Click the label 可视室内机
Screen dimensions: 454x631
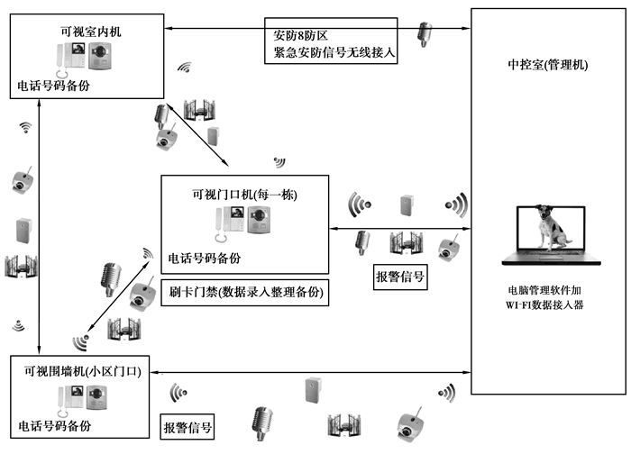pos(87,32)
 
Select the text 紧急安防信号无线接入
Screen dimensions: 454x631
pos(329,53)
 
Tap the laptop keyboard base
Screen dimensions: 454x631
pos(553,260)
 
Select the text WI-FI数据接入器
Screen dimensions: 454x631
pos(553,307)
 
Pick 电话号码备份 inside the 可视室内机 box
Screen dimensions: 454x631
pos(53,86)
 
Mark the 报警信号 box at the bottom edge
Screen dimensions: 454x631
pos(187,428)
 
